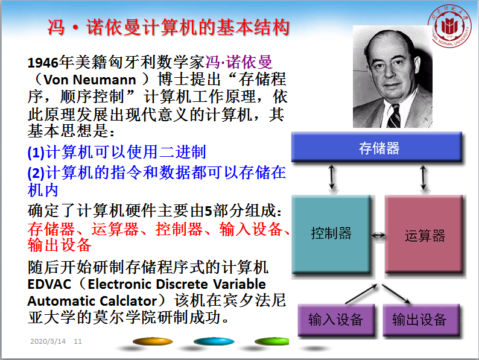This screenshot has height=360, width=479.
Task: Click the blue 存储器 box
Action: click(x=376, y=147)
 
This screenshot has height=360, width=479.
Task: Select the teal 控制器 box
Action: click(x=331, y=234)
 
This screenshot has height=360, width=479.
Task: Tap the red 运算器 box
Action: click(x=424, y=234)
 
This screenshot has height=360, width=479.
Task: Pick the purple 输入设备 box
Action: click(x=336, y=320)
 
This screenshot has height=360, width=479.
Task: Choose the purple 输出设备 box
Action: click(x=421, y=320)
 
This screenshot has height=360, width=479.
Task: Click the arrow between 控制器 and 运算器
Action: click(x=378, y=235)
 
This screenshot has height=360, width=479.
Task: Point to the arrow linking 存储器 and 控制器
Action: click(x=332, y=177)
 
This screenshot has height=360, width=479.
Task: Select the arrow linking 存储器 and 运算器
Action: click(x=423, y=177)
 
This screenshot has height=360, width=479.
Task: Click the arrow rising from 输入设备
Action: click(x=362, y=294)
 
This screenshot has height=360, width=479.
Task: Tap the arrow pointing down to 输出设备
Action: click(x=396, y=294)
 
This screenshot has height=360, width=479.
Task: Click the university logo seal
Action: click(x=449, y=26)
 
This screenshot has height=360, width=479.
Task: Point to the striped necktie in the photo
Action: click(x=395, y=116)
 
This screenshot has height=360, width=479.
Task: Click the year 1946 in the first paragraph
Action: click(x=43, y=63)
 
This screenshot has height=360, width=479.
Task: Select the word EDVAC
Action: click(x=49, y=284)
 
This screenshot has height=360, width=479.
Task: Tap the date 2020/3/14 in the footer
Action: click(x=48, y=341)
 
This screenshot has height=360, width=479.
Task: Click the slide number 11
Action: click(x=78, y=341)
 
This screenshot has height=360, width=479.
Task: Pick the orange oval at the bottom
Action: click(x=153, y=341)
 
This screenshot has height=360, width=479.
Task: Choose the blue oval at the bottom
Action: click(x=214, y=341)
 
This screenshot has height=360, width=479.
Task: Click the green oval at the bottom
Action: click(x=271, y=341)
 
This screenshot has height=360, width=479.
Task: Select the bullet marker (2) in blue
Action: click(x=36, y=173)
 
